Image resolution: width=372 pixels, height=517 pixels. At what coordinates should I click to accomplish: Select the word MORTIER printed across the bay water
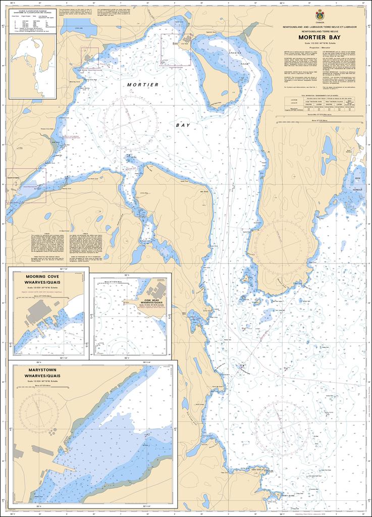coord(143,85)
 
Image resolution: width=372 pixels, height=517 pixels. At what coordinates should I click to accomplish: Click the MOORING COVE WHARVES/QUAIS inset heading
coord(49,281)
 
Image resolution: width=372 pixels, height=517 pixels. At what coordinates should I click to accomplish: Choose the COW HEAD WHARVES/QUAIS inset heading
coord(152,301)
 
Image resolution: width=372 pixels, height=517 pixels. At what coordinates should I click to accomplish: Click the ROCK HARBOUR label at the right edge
coord(359,181)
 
